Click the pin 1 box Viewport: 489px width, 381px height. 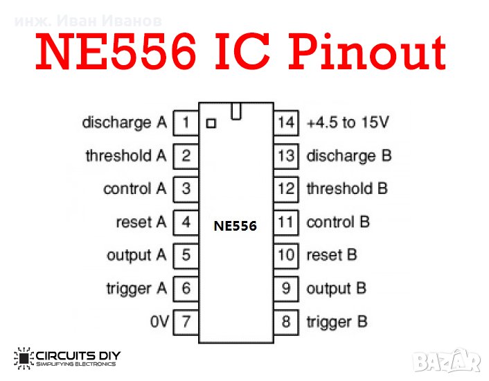click(186, 123)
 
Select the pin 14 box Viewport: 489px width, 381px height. click(286, 123)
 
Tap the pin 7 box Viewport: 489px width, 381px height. click(186, 321)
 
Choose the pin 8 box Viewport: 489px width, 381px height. click(286, 321)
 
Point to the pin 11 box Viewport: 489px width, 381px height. click(286, 222)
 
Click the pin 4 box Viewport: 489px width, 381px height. click(186, 222)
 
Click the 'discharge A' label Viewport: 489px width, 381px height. click(125, 123)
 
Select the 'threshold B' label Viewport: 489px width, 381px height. click(347, 188)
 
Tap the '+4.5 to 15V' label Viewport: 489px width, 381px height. click(348, 123)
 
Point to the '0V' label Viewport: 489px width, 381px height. click(159, 321)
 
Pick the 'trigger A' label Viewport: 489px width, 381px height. click(136, 288)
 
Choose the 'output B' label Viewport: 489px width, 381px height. click(336, 288)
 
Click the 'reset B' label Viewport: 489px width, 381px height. click(332, 255)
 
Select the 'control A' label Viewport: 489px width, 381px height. click(135, 188)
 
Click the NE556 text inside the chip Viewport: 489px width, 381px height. click(235, 226)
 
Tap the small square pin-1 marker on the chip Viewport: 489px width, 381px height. click(211, 124)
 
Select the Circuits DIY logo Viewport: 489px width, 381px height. click(67, 358)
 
